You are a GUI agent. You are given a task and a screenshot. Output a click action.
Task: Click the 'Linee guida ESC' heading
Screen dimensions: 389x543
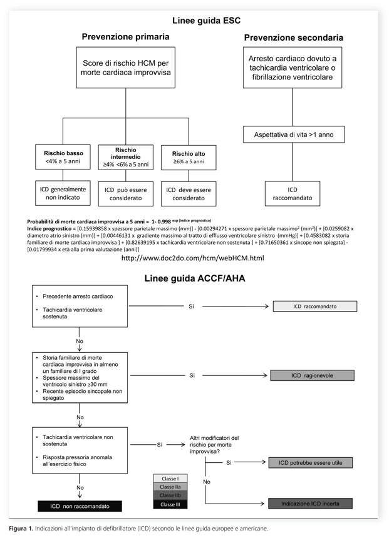click(x=206, y=21)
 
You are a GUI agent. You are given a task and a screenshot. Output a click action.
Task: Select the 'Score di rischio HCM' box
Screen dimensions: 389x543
click(x=125, y=68)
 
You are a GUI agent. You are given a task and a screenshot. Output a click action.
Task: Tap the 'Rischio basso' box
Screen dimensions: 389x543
click(x=63, y=157)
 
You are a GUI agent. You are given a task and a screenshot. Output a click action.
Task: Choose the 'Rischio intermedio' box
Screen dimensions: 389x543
click(x=125, y=157)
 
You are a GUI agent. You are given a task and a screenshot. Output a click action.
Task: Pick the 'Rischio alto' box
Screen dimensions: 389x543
click(x=189, y=158)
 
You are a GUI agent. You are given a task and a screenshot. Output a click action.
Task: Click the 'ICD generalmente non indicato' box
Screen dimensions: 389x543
click(x=63, y=193)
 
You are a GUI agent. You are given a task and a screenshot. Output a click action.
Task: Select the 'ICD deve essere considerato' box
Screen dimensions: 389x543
click(x=189, y=193)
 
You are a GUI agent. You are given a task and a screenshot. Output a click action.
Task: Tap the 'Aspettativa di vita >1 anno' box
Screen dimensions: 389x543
click(x=294, y=134)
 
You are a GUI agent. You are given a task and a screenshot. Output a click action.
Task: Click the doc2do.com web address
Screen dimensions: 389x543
click(x=192, y=258)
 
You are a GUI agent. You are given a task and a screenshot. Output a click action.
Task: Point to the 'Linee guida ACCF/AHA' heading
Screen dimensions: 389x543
click(x=195, y=278)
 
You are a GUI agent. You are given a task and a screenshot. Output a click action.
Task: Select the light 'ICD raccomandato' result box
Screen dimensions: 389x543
click(x=315, y=306)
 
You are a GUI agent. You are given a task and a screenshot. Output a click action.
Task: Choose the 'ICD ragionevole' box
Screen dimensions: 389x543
click(x=312, y=375)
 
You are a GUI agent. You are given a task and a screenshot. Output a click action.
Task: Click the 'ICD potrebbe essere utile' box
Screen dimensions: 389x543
click(x=310, y=463)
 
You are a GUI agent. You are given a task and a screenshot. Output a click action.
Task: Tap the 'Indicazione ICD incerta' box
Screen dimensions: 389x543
click(x=310, y=504)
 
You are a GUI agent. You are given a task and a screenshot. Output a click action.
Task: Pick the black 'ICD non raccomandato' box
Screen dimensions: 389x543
click(x=80, y=506)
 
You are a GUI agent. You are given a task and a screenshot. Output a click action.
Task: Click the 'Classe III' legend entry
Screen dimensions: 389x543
click(x=170, y=505)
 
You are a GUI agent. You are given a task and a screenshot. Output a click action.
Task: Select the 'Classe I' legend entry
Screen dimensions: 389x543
click(x=170, y=479)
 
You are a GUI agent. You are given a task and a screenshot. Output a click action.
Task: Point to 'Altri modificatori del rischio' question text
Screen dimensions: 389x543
click(x=214, y=445)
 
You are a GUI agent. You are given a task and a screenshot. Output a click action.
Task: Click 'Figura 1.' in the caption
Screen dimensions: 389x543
click(x=21, y=529)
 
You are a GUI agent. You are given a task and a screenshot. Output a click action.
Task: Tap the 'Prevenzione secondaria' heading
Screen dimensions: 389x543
click(x=294, y=38)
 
